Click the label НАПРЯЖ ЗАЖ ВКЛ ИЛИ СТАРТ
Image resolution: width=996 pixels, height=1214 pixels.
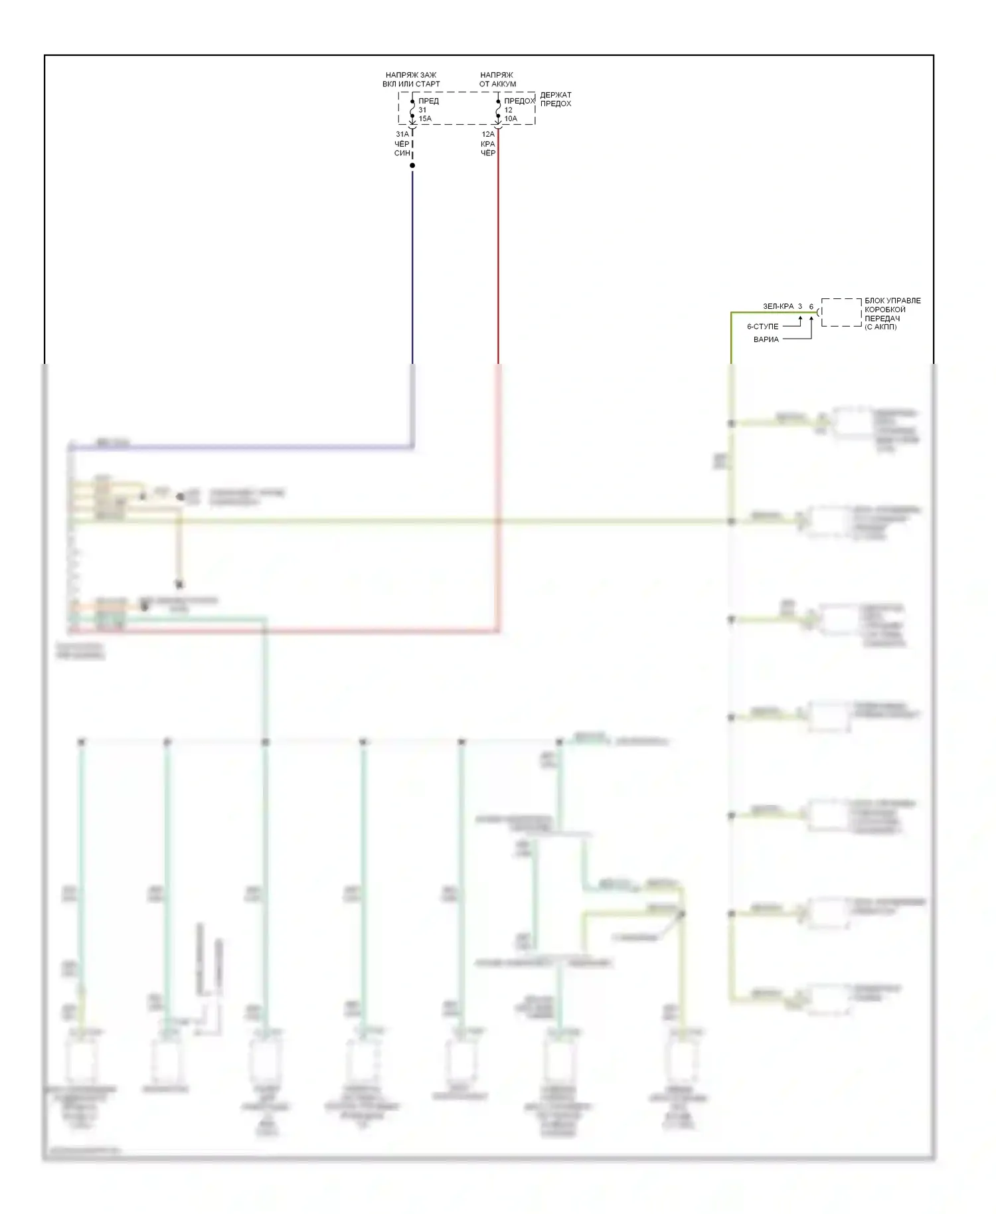pyautogui.click(x=411, y=80)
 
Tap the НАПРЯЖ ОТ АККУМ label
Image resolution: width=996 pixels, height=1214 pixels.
pyautogui.click(x=497, y=80)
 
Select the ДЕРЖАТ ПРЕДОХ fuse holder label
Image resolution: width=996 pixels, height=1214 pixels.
pyautogui.click(x=555, y=99)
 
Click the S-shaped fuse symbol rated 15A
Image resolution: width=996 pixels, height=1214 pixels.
pyautogui.click(x=412, y=109)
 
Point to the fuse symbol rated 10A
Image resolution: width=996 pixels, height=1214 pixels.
pyautogui.click(x=498, y=109)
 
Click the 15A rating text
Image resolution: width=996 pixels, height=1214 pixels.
pyautogui.click(x=425, y=119)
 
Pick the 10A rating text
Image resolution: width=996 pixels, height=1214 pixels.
pyautogui.click(x=511, y=119)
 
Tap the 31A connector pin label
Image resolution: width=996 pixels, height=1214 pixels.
pyautogui.click(x=402, y=134)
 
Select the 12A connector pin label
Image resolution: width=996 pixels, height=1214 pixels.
pyautogui.click(x=488, y=134)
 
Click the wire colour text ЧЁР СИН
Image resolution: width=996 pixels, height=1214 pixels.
pyautogui.click(x=402, y=149)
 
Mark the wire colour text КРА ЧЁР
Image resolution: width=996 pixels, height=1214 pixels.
pyautogui.click(x=488, y=149)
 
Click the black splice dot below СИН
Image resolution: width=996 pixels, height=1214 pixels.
pyautogui.click(x=412, y=165)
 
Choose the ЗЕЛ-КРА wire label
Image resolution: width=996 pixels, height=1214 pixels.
pyautogui.click(x=778, y=306)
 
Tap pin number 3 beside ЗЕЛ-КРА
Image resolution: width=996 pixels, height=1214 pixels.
pyautogui.click(x=800, y=306)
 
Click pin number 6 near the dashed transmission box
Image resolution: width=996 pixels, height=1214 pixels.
pyautogui.click(x=811, y=306)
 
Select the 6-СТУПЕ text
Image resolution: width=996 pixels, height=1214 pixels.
pyautogui.click(x=762, y=327)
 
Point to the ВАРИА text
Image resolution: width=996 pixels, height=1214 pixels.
pyautogui.click(x=766, y=339)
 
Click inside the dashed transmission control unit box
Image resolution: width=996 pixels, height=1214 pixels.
pyautogui.click(x=841, y=312)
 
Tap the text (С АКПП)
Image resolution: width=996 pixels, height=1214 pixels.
pyautogui.click(x=880, y=327)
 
